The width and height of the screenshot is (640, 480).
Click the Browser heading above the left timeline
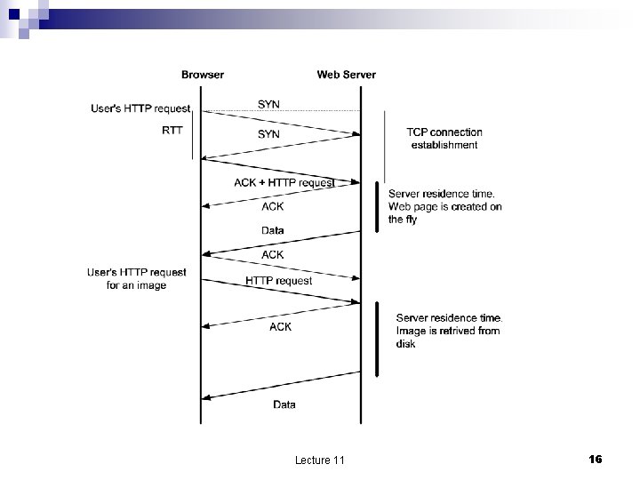(203, 75)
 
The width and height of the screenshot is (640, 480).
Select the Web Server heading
(346, 75)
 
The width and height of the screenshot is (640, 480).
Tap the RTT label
(173, 130)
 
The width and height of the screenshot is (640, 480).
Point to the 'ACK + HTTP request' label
(284, 183)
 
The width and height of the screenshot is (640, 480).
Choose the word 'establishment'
(444, 145)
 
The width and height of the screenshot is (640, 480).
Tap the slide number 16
(596, 459)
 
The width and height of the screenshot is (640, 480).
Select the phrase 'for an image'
(139, 285)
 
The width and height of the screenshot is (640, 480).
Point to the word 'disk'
(405, 344)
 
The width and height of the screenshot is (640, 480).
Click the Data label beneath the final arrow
(284, 405)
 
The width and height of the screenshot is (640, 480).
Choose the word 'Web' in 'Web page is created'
(398, 207)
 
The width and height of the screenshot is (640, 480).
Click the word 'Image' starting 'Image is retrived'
(410, 331)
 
